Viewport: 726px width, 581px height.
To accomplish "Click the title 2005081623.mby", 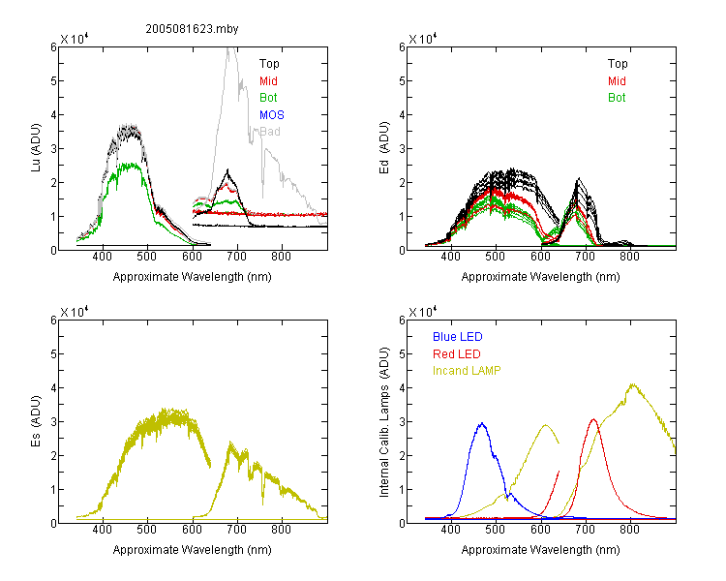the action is tap(193, 29).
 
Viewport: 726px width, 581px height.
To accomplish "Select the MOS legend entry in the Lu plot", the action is tap(272, 115).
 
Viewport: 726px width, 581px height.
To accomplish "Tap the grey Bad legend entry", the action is tap(270, 132).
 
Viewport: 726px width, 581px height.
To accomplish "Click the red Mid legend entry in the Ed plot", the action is tap(617, 81).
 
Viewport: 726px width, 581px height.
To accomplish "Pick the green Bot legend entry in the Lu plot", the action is tap(268, 98).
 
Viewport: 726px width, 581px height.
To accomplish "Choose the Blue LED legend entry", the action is tap(458, 337).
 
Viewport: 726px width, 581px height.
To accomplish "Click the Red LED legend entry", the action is tap(457, 354).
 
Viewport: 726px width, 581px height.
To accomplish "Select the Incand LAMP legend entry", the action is tap(467, 371).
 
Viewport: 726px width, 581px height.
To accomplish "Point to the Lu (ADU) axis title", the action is tap(36, 148).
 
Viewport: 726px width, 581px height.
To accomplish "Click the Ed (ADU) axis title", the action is tap(384, 148).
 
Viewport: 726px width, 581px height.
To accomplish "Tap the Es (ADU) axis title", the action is tap(36, 421).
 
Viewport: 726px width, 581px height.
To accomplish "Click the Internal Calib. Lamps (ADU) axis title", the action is tap(384, 422).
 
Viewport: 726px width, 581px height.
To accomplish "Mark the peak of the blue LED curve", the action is tap(482, 423).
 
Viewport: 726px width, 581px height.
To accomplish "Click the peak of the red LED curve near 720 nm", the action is tap(593, 419).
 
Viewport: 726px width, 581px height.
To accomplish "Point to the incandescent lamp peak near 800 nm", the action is tap(632, 384).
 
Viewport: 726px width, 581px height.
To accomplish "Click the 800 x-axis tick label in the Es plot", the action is tap(281, 529).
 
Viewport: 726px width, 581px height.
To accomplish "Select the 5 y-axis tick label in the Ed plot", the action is tap(402, 81).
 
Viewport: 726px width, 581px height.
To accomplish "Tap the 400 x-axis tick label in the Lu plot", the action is tap(103, 257).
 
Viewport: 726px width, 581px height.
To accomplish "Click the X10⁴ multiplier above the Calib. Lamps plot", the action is tap(422, 312).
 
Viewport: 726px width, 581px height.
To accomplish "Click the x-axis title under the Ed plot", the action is tap(540, 277).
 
